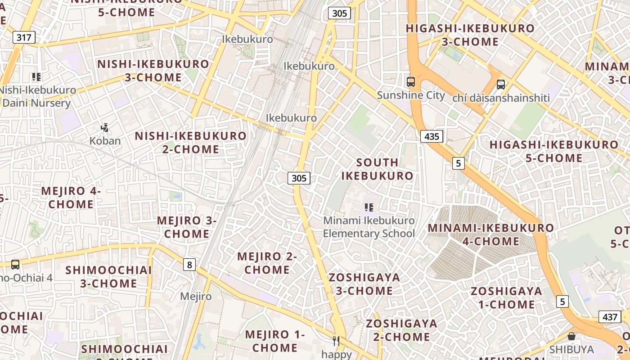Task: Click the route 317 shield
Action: pyautogui.click(x=24, y=37)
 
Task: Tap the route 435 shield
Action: pyautogui.click(x=432, y=136)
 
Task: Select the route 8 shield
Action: pyautogui.click(x=189, y=265)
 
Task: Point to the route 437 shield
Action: pyautogui.click(x=610, y=317)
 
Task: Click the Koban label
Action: pyautogui.click(x=105, y=141)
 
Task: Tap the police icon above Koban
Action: pyautogui.click(x=105, y=128)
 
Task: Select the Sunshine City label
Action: pyautogui.click(x=410, y=95)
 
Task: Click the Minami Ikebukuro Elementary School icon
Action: pyautogui.click(x=369, y=207)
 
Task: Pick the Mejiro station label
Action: pyautogui.click(x=196, y=297)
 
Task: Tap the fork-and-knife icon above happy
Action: pyautogui.click(x=336, y=341)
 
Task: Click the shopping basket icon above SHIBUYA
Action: pyautogui.click(x=571, y=336)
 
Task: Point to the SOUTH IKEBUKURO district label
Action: pyautogui.click(x=377, y=169)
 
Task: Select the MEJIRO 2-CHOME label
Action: pyautogui.click(x=267, y=263)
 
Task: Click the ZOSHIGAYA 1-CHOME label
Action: pyautogui.click(x=506, y=298)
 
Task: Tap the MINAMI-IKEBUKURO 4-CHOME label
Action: pyautogui.click(x=490, y=234)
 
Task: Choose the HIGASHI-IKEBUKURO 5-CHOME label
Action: pyautogui.click(x=554, y=151)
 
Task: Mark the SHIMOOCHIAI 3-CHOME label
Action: pyautogui.click(x=109, y=277)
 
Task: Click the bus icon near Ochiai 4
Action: pyautogui.click(x=15, y=265)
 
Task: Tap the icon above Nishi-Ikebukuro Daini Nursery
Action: pyautogui.click(x=36, y=77)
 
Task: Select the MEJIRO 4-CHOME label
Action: pyautogui.click(x=71, y=198)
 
